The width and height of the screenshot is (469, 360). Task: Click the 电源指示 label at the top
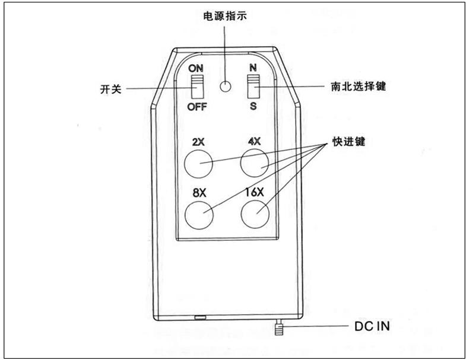tap(224, 16)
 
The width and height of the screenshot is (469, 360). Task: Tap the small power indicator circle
tap(225, 87)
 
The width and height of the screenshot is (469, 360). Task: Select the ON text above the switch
tap(196, 68)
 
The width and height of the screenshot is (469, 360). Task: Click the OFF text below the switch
tap(197, 107)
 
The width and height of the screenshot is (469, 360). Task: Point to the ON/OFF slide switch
tap(197, 87)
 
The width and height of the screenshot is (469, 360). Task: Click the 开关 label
tap(112, 90)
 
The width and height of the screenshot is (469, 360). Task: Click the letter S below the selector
tap(253, 106)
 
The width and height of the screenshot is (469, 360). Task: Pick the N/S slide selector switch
tap(253, 87)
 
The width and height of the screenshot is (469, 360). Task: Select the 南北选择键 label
tap(359, 86)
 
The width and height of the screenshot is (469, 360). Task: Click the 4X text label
tap(254, 142)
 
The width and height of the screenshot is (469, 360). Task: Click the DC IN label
tap(372, 326)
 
